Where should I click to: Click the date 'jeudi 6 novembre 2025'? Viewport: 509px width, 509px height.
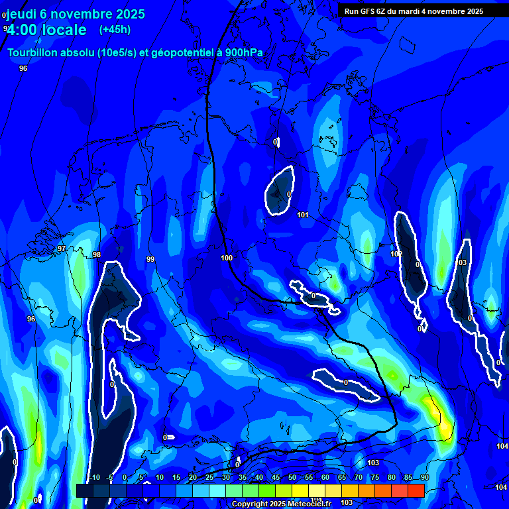(x=75, y=14)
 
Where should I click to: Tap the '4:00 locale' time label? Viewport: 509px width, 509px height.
(x=47, y=30)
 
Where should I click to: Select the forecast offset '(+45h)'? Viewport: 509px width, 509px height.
(x=115, y=30)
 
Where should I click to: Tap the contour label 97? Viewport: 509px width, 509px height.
(x=62, y=249)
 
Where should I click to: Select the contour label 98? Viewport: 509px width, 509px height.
(x=97, y=254)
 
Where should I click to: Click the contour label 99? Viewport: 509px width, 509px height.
(x=150, y=259)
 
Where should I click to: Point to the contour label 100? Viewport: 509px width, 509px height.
(x=227, y=258)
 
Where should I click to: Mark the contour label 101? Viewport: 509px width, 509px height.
(x=303, y=215)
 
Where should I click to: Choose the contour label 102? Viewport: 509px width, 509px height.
(x=396, y=254)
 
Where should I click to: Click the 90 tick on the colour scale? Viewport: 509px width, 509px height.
(x=424, y=477)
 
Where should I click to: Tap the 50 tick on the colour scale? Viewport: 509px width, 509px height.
(x=292, y=477)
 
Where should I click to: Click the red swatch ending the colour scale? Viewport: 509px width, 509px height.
(x=416, y=490)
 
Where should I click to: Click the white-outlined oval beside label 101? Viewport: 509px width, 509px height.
(x=280, y=191)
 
